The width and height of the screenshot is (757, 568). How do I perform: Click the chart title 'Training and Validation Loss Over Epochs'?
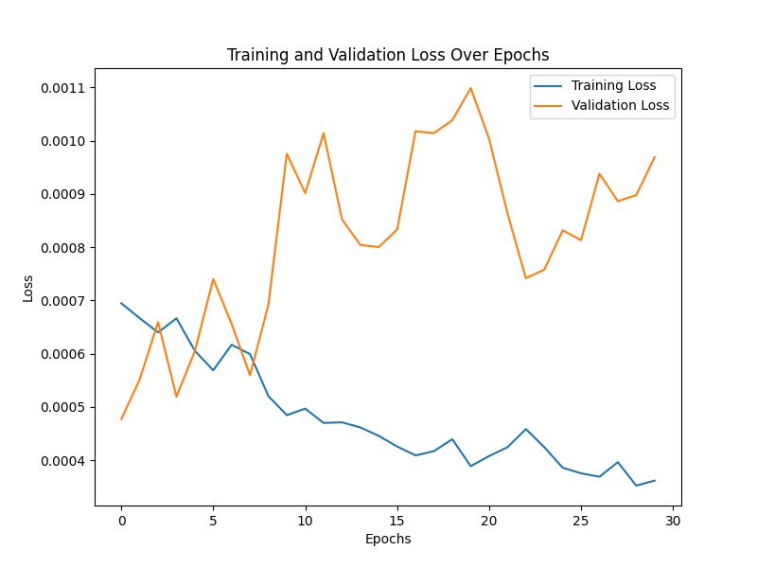coord(388,55)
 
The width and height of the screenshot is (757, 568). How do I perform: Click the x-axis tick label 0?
coord(121,521)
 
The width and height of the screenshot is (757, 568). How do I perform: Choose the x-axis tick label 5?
coord(213,521)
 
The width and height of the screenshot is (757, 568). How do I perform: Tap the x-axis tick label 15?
coord(397,521)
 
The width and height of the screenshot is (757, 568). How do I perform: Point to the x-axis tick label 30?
coord(673,521)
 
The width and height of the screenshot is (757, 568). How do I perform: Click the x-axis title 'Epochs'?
coord(388,540)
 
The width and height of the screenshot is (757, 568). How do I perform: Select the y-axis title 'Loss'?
coord(28,288)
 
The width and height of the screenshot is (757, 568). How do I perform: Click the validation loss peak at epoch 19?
coord(470,88)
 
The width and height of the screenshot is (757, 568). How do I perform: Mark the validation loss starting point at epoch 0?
coord(121,419)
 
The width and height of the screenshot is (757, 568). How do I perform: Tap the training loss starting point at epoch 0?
coord(121,303)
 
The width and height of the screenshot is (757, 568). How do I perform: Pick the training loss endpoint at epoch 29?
coord(655,480)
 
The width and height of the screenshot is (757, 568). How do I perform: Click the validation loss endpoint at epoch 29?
coord(655,156)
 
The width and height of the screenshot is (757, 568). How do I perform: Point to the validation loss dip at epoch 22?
coord(526,278)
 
